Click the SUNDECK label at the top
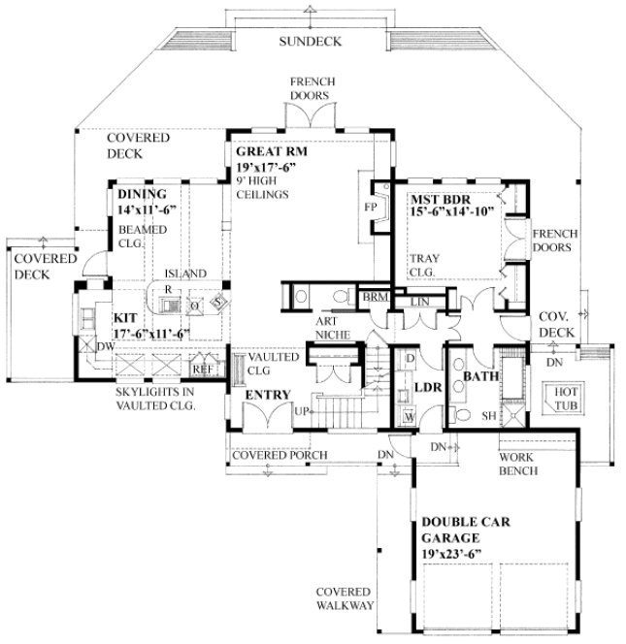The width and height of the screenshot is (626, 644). click(x=308, y=41)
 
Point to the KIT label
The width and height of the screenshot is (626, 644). click(x=124, y=317)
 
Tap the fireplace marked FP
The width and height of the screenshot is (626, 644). click(x=370, y=208)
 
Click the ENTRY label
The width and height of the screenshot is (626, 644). click(x=262, y=395)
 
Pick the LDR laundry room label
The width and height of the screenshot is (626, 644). click(x=428, y=387)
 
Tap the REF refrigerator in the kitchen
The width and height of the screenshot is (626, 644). click(x=202, y=369)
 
